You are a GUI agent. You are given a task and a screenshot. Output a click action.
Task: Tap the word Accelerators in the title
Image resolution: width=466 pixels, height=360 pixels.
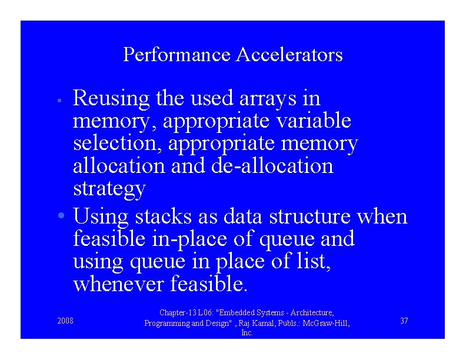pyautogui.click(x=289, y=55)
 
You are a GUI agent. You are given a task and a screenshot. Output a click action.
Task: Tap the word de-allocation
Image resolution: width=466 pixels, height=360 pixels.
pyautogui.click(x=271, y=166)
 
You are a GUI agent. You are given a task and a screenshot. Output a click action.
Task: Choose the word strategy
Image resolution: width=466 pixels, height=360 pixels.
pyautogui.click(x=109, y=189)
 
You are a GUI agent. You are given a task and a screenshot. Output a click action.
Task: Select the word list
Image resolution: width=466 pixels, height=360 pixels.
pyautogui.click(x=315, y=262)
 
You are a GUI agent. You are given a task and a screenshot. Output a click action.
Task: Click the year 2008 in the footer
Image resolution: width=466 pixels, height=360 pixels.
pyautogui.click(x=65, y=321)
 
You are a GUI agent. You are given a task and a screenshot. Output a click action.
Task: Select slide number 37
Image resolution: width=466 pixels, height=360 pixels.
pyautogui.click(x=404, y=321)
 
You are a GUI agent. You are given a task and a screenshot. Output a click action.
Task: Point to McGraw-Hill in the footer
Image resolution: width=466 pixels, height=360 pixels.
pyautogui.click(x=326, y=323)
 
